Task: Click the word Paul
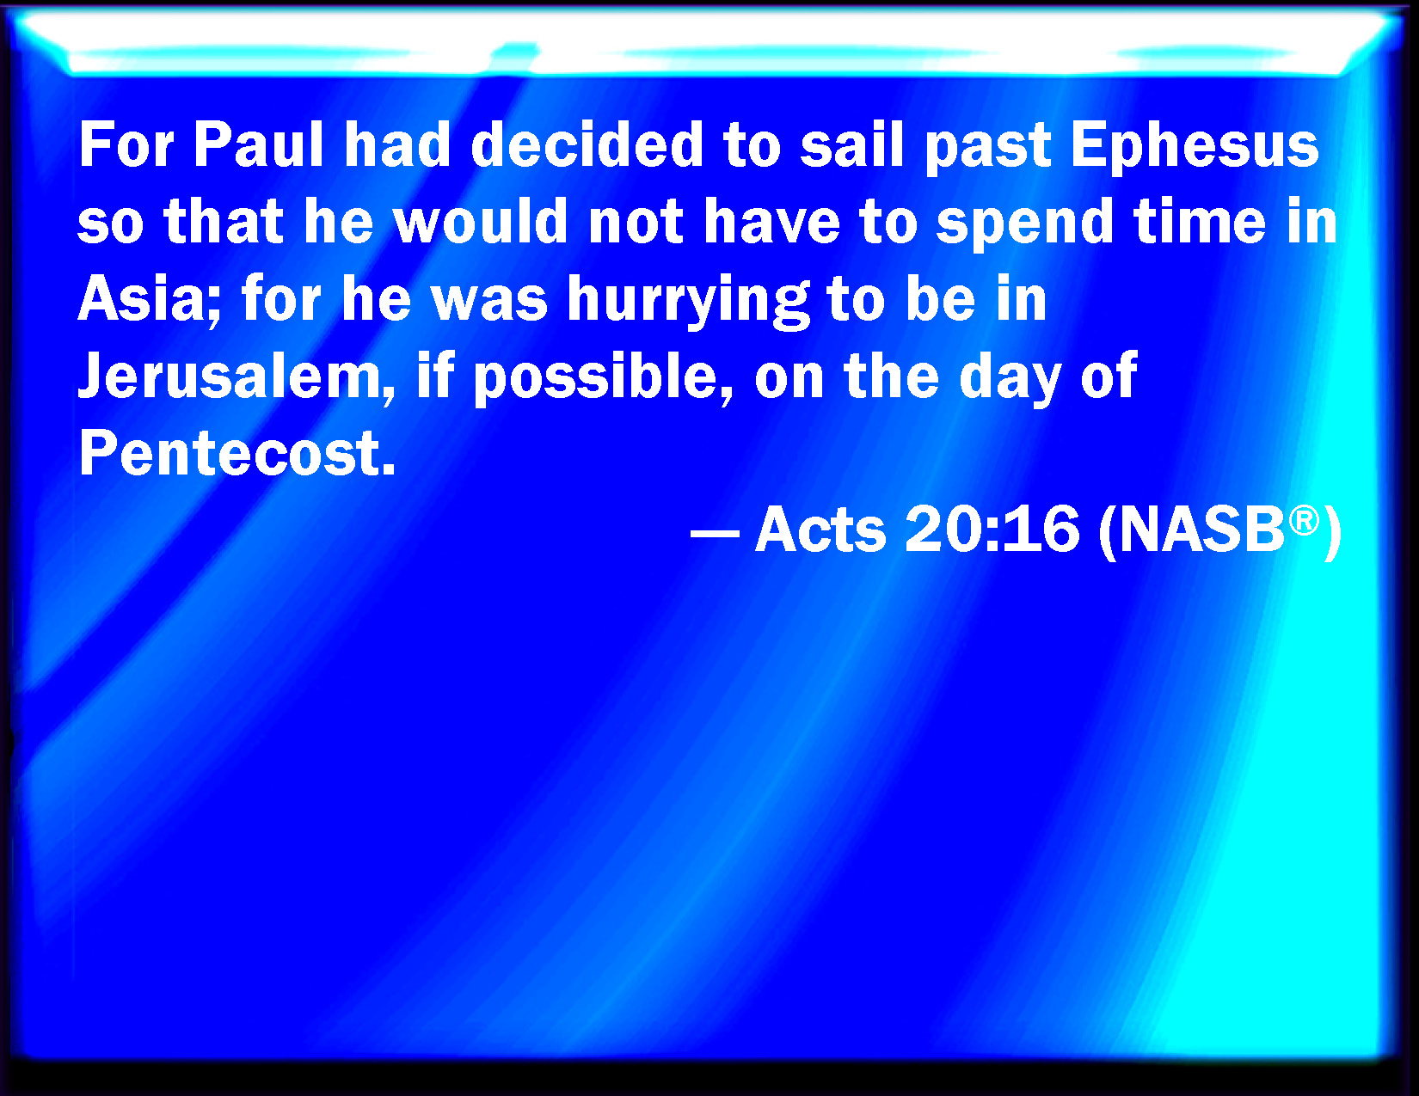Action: coord(259,145)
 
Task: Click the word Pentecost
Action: coord(237,453)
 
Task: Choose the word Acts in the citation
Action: coord(820,530)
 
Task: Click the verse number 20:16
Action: coord(992,530)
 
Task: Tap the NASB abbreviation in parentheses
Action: coord(1201,530)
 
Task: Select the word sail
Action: coord(852,145)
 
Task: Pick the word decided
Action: coord(587,145)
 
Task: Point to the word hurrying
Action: coord(688,303)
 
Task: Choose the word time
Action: coord(1199,222)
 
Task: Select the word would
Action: coord(480,222)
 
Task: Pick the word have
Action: coord(771,222)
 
